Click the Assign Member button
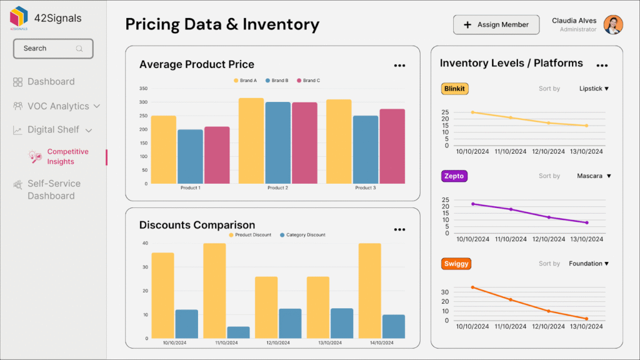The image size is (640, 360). [x=496, y=25]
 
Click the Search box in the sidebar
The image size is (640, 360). [x=53, y=49]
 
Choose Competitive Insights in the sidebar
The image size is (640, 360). [x=67, y=157]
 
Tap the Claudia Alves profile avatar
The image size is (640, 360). [x=613, y=25]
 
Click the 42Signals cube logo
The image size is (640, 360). [x=19, y=17]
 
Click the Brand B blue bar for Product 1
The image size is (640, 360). [x=190, y=156]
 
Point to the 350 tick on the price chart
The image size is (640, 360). [x=144, y=88]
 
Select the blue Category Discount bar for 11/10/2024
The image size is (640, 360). [x=238, y=332]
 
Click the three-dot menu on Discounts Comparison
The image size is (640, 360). [x=399, y=229]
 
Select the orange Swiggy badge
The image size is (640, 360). [x=455, y=264]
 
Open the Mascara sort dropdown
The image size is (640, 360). [x=593, y=176]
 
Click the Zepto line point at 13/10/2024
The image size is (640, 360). [x=587, y=222]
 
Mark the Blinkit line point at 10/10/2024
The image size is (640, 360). [x=472, y=112]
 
